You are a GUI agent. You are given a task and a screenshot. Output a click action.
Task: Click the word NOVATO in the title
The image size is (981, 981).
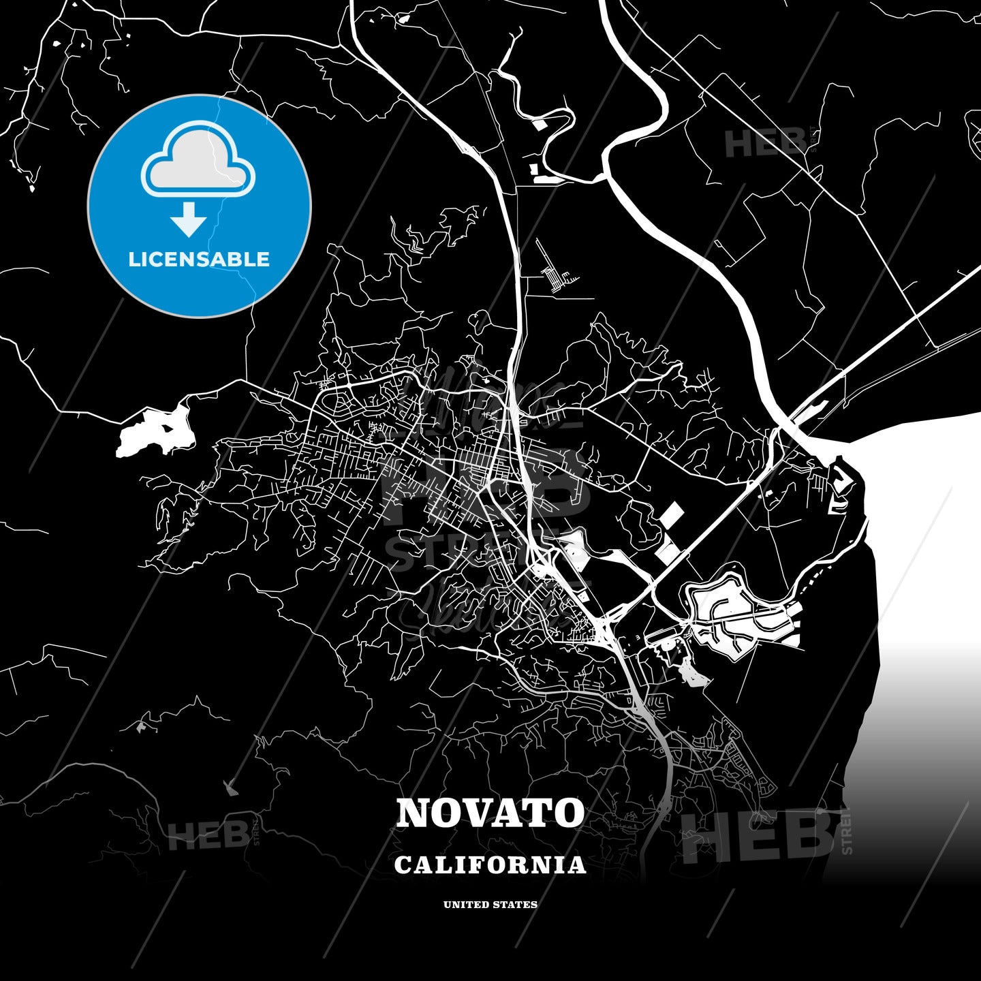coord(490,813)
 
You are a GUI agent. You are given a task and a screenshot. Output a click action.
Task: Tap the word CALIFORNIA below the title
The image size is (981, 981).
coord(490,865)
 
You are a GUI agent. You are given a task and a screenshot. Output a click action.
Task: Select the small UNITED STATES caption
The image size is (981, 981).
coord(490,905)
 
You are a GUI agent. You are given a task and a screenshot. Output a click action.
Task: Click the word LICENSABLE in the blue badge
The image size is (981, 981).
coord(199,260)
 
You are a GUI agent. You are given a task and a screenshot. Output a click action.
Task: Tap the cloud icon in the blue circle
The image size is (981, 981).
coord(198,161)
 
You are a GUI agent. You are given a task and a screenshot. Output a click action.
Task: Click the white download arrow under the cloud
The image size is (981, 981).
coord(189,218)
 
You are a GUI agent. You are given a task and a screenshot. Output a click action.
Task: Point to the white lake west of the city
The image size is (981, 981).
coord(155,432)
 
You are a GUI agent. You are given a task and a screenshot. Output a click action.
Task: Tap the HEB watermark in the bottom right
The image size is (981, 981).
coord(756,837)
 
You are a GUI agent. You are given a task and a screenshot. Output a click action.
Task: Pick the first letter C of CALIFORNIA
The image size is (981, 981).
coord(403,866)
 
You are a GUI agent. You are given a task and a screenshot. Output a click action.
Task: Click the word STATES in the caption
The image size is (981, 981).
coord(516,905)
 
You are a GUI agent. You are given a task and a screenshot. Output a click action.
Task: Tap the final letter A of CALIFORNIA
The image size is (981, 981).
coord(578,866)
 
